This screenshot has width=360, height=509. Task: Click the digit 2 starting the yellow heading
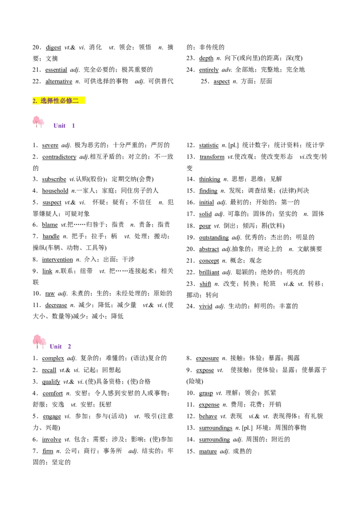(x=34, y=101)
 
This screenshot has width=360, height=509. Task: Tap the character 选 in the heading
(x=44, y=101)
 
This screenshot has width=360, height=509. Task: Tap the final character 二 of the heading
(x=76, y=101)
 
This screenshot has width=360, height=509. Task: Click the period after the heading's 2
(x=37, y=102)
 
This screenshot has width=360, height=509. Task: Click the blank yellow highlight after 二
(x=82, y=101)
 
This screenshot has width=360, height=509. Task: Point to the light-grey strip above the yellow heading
(x=58, y=94)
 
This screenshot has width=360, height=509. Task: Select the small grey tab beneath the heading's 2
(x=38, y=106)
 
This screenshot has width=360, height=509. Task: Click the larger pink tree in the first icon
(x=36, y=121)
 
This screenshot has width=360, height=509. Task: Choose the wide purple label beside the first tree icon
(x=59, y=126)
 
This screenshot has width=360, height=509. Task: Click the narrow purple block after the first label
(x=73, y=126)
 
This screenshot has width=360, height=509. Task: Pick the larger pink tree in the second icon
(x=37, y=339)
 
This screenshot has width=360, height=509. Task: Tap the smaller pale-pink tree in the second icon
(x=43, y=342)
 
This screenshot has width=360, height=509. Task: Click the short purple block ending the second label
(x=69, y=346)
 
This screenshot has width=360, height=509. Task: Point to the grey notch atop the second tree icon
(x=37, y=333)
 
